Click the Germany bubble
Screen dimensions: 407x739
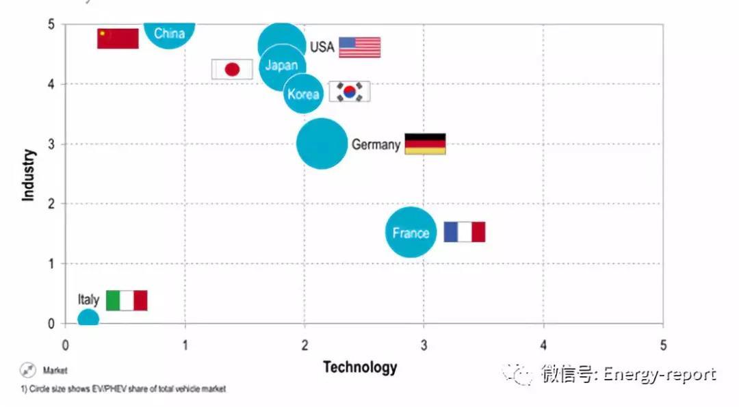(321, 144)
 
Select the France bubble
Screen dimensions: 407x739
(411, 233)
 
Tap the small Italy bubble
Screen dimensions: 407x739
(88, 318)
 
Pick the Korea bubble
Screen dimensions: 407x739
(303, 94)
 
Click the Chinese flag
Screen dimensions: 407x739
(118, 38)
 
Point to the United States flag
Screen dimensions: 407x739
(359, 47)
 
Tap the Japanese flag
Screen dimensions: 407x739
(232, 69)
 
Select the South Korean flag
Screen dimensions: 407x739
(350, 92)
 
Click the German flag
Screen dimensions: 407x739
(425, 144)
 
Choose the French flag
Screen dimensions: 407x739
(465, 232)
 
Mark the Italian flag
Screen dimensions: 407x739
(127, 300)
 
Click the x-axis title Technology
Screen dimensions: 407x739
(360, 367)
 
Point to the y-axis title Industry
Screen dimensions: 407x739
(29, 174)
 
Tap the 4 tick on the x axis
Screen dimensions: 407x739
(543, 345)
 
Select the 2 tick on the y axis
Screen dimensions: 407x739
(51, 204)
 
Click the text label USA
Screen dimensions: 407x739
(322, 47)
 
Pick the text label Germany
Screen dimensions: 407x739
(376, 145)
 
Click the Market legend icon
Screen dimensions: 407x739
(28, 370)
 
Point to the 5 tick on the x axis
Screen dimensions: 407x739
(662, 345)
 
